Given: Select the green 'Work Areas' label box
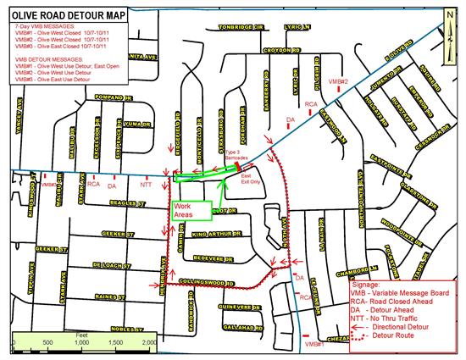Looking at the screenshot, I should click(x=186, y=211).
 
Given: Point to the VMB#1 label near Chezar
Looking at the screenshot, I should click(x=314, y=345).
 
